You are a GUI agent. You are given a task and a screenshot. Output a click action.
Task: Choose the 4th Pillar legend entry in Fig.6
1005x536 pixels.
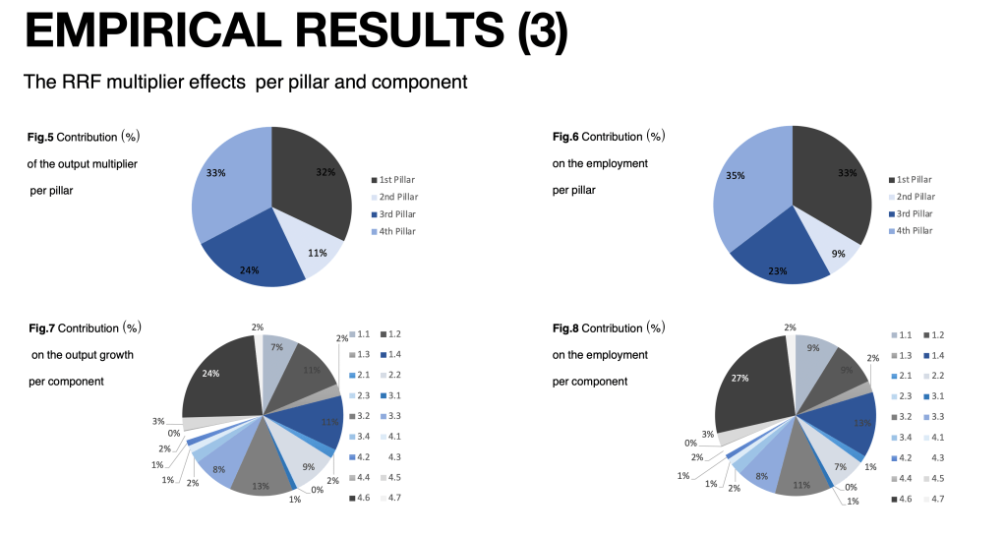click(915, 230)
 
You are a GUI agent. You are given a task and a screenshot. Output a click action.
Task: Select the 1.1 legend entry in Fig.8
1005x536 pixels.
click(901, 335)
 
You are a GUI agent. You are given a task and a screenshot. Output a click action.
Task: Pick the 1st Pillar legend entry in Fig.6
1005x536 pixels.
click(914, 180)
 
